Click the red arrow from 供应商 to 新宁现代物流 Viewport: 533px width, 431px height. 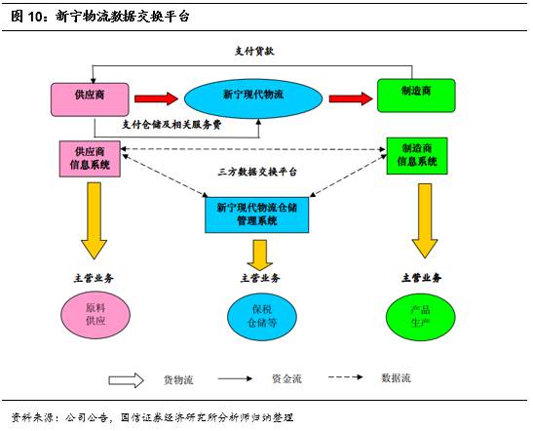(156, 98)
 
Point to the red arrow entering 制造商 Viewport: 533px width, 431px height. (351, 98)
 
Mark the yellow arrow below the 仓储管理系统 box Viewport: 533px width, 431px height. (260, 253)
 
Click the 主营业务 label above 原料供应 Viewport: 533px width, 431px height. (96, 278)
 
